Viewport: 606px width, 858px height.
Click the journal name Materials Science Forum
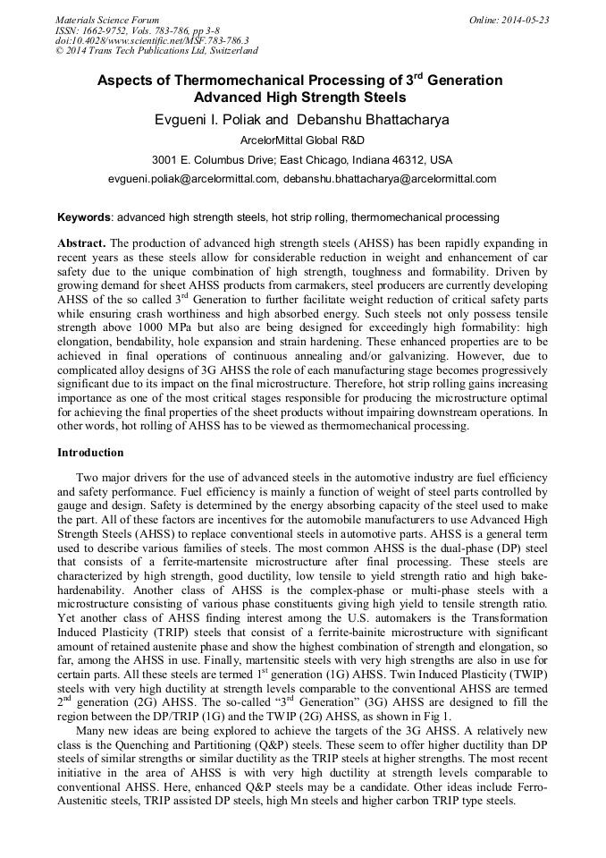pos(107,20)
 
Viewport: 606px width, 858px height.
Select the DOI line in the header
pos(152,41)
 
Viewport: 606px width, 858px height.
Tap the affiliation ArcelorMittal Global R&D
pos(302,140)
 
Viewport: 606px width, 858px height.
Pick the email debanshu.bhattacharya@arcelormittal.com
pos(390,179)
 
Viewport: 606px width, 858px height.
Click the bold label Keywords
pos(84,217)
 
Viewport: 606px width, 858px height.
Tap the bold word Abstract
pos(82,243)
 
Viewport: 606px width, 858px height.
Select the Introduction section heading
pos(90,453)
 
